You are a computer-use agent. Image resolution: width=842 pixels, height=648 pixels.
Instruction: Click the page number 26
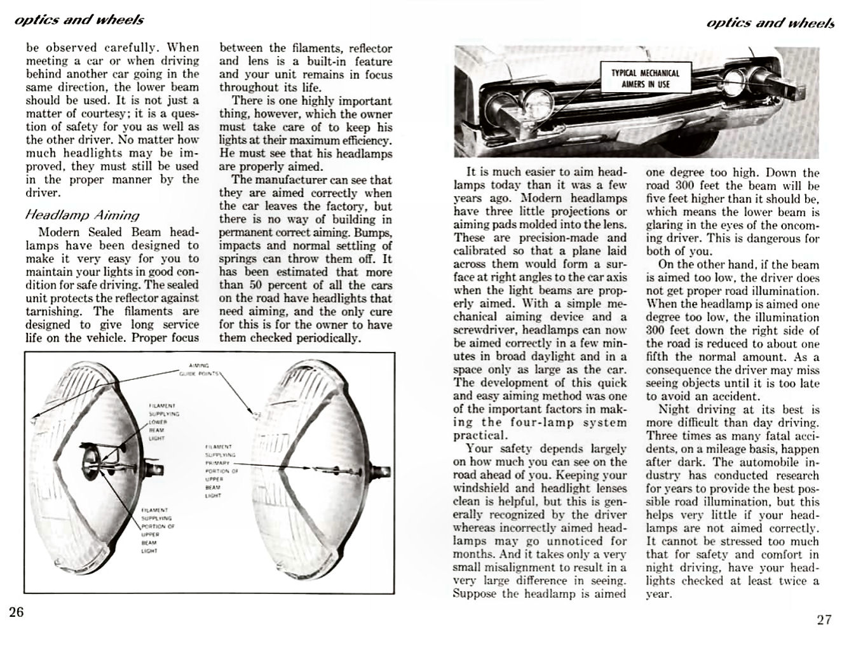pyautogui.click(x=17, y=612)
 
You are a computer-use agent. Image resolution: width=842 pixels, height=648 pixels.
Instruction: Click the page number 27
pyautogui.click(x=824, y=619)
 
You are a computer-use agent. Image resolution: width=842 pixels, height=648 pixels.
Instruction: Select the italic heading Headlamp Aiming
pyautogui.click(x=82, y=215)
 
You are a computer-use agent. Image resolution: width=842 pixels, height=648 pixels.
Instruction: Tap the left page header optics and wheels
pyautogui.click(x=79, y=20)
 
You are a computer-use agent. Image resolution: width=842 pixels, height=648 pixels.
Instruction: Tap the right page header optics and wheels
pyautogui.click(x=770, y=24)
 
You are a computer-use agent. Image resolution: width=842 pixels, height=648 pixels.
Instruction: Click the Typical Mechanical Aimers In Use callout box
pyautogui.click(x=644, y=78)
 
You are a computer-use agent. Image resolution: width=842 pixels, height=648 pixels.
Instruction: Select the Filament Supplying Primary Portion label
pyautogui.click(x=221, y=471)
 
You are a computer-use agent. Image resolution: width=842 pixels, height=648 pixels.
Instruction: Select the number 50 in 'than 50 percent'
pyautogui.click(x=255, y=285)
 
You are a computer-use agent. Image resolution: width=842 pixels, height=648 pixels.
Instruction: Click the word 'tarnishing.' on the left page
pyautogui.click(x=53, y=311)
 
